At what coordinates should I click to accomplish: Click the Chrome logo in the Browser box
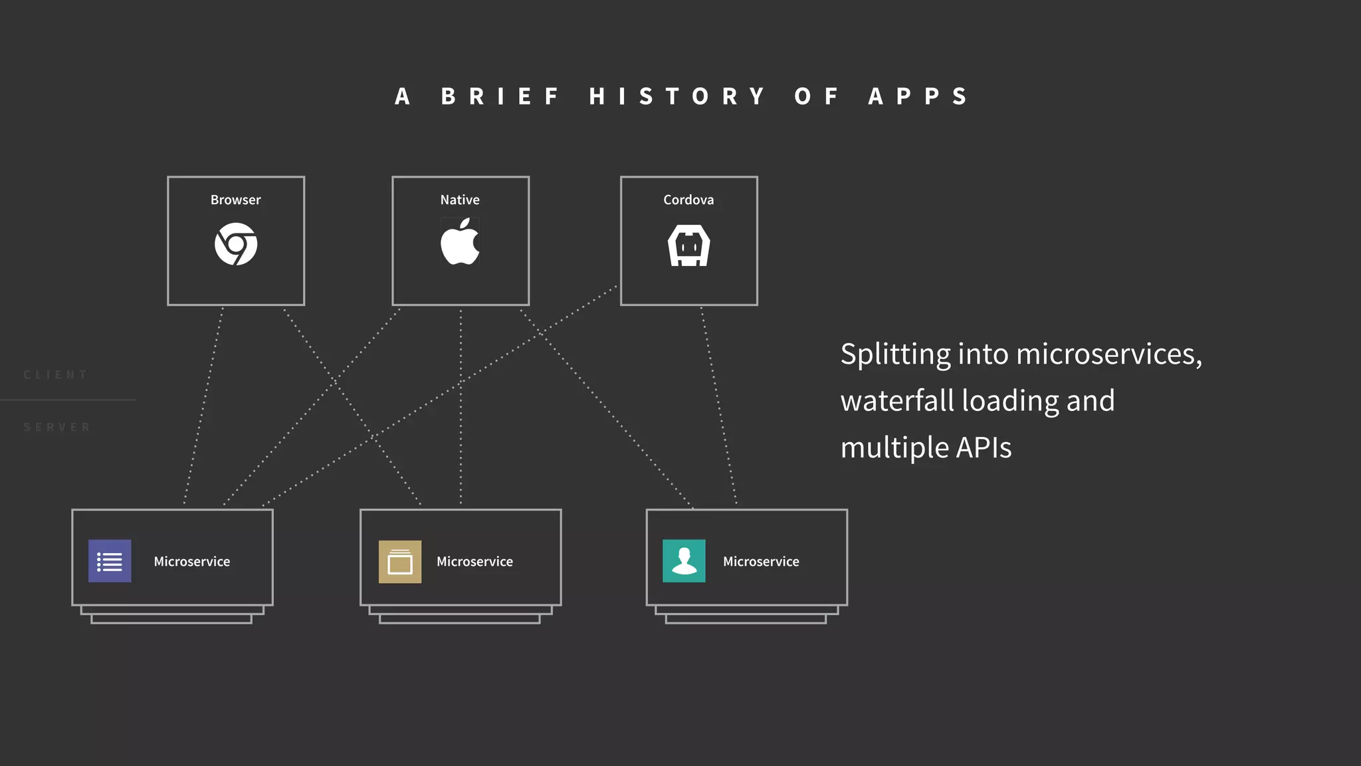pos(236,244)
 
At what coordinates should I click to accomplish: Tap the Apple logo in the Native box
pos(460,243)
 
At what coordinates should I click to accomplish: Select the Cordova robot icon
pos(688,245)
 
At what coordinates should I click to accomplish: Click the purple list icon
pos(110,561)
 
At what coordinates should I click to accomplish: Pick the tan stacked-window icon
pos(400,562)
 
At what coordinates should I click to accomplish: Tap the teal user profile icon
pos(684,561)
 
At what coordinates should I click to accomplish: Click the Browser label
pos(236,199)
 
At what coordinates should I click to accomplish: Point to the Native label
pos(460,199)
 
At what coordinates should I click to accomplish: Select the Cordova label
pos(688,199)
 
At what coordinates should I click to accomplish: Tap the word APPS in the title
pos(918,96)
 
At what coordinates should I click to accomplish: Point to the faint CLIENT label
pos(56,375)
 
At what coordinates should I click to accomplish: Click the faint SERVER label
pos(57,427)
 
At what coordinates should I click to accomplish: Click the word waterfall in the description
pos(897,401)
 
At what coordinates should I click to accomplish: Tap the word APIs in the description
pos(984,447)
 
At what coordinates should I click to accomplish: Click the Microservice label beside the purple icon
pos(192,561)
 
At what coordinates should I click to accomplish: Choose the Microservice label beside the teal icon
pos(761,561)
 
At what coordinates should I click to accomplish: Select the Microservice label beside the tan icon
pos(474,561)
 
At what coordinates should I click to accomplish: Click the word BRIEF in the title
pos(501,96)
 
